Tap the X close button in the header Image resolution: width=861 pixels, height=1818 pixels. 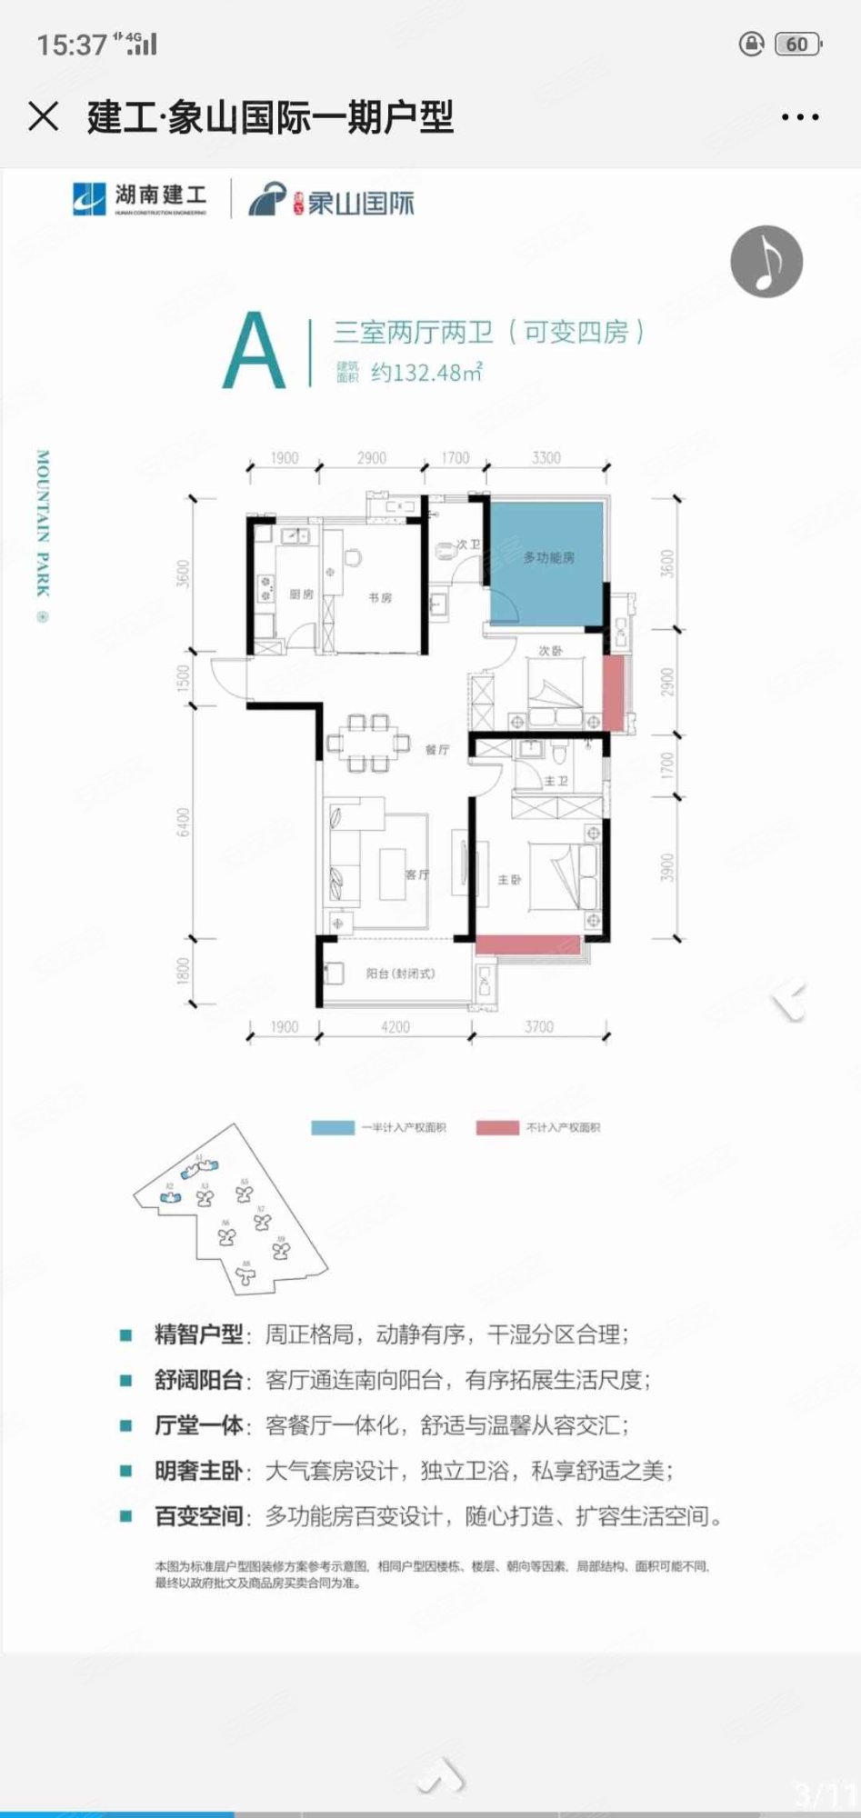click(x=43, y=116)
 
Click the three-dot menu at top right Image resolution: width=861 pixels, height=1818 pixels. click(x=800, y=117)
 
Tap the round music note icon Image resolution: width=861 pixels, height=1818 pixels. click(x=766, y=262)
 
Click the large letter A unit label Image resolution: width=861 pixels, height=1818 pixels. click(x=255, y=352)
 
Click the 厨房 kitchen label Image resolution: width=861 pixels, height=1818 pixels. click(x=301, y=594)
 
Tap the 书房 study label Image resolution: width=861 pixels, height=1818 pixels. click(x=380, y=597)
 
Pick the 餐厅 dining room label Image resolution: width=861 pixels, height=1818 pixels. click(x=437, y=750)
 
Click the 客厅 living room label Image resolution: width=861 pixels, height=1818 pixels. click(x=416, y=874)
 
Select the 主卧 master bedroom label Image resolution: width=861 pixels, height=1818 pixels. click(x=509, y=880)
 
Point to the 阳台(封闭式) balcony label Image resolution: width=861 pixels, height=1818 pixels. click(x=400, y=974)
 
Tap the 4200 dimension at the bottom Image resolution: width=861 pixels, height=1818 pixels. click(x=395, y=1027)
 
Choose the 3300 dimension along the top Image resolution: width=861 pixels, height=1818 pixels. click(x=546, y=458)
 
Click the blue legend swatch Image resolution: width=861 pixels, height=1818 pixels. click(x=333, y=1127)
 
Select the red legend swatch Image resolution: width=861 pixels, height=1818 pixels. click(x=497, y=1127)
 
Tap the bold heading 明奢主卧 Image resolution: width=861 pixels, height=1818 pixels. click(x=198, y=1471)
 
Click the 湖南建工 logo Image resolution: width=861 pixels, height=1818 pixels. click(x=139, y=199)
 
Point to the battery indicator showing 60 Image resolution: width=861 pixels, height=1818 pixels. click(x=797, y=44)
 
